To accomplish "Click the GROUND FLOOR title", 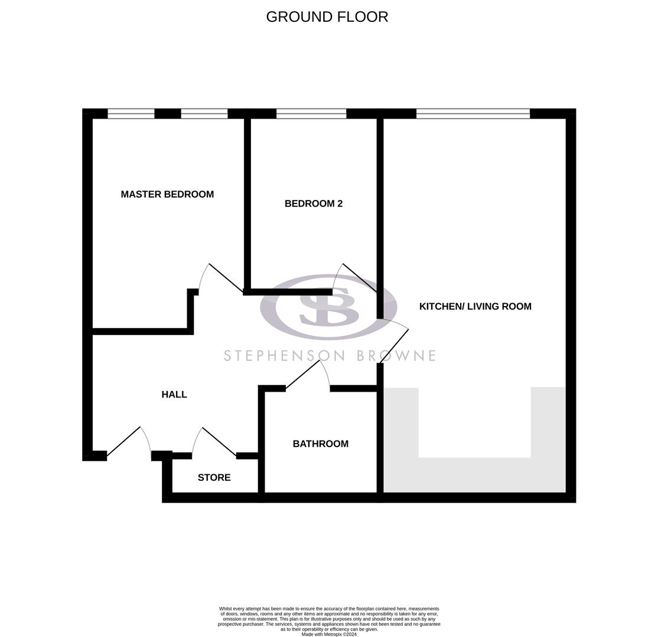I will point(327,17).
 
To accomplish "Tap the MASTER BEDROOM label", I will point(167,194).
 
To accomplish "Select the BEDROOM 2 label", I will point(313,203).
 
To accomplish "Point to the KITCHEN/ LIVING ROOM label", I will point(475,306).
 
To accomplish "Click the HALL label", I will point(174,395).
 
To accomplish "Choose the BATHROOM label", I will point(320,444).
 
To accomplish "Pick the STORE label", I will point(214,477).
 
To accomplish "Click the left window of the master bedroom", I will point(131,114).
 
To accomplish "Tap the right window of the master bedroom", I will point(204,114).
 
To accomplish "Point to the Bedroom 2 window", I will point(311,114).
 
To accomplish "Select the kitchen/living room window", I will point(473,114).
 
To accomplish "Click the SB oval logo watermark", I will point(328,307).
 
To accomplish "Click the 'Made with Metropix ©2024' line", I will point(329,634).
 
